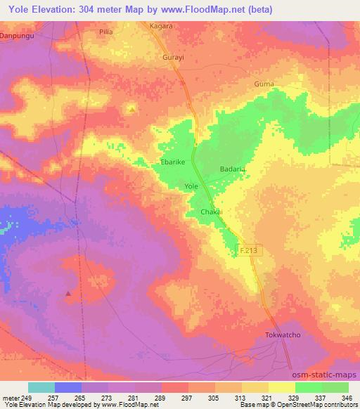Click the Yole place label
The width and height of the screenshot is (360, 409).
point(191,186)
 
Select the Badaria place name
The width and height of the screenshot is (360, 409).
point(232,169)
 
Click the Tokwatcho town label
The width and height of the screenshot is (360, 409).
point(282,335)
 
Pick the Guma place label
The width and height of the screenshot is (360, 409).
point(264,84)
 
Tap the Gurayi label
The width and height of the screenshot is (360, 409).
point(173,58)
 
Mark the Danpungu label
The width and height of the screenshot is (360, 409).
point(16,34)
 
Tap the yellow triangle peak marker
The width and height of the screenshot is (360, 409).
point(131,109)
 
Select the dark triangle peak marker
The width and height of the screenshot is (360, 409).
point(68,294)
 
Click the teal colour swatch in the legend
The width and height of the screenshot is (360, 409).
point(41,387)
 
